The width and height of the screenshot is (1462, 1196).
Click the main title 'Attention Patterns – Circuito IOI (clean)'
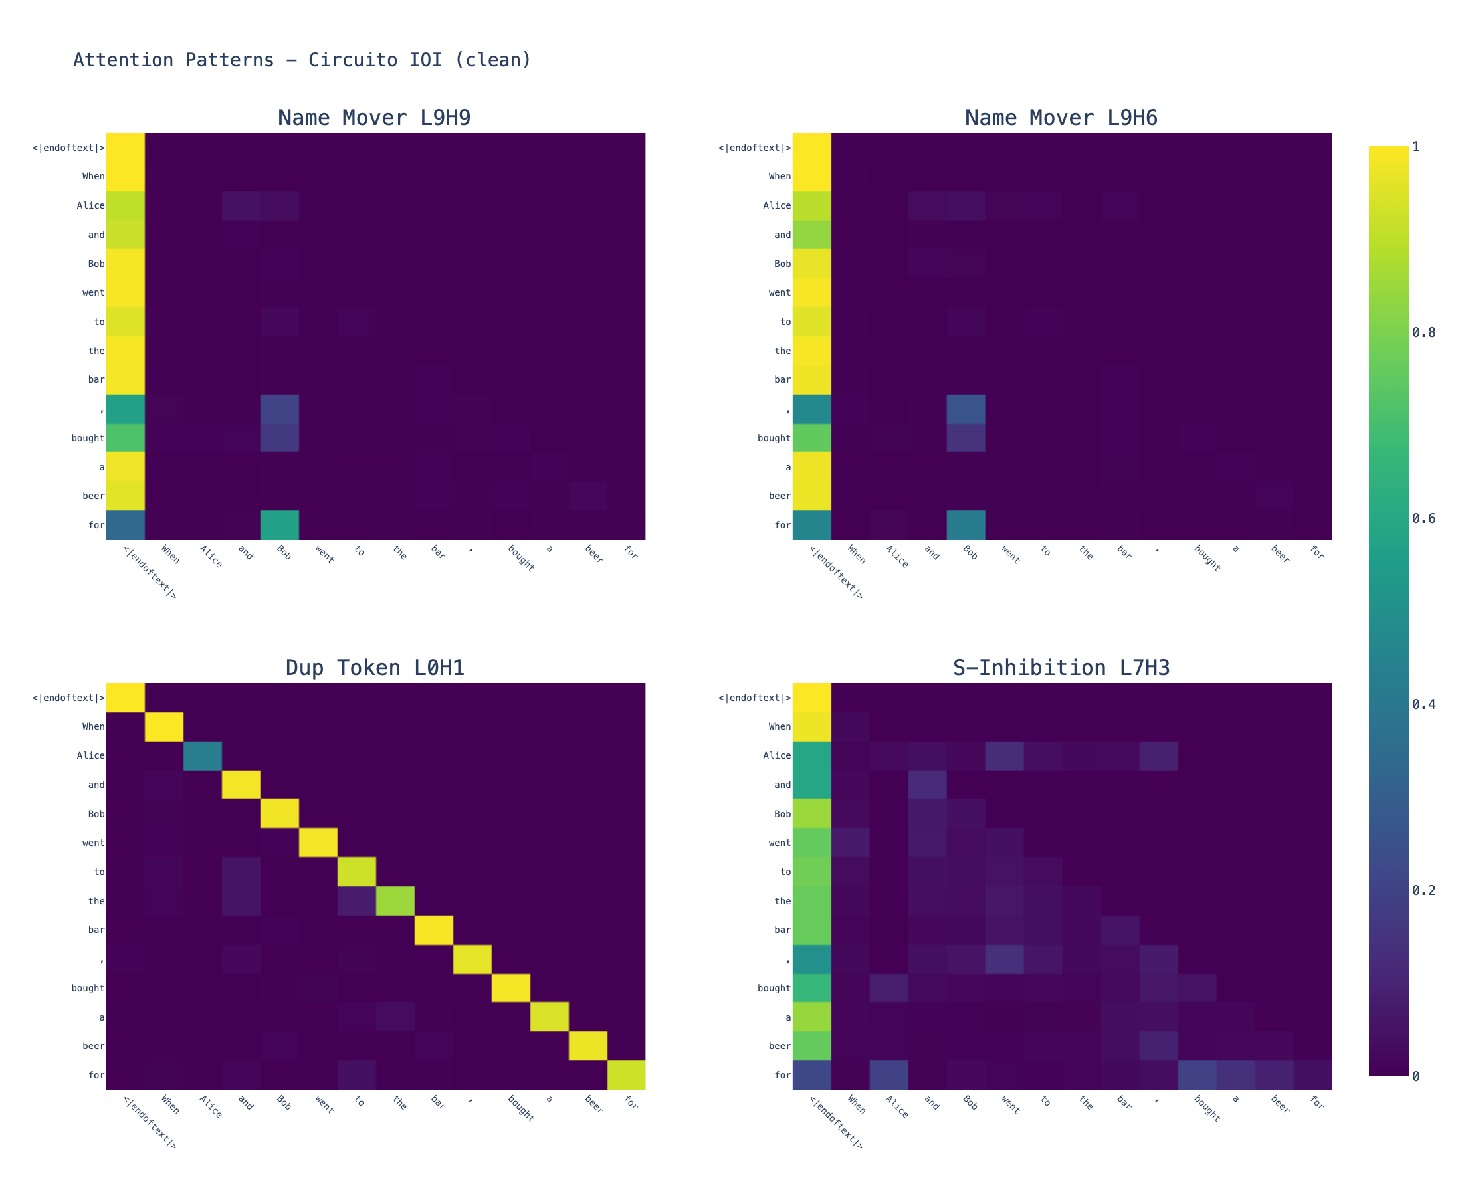click(302, 60)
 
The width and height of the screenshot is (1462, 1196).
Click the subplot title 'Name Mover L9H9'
click(374, 118)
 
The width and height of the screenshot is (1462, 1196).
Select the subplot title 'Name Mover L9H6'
click(1061, 118)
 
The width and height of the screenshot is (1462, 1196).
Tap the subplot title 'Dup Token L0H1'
click(375, 668)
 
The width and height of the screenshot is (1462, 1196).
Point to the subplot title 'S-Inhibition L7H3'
click(1061, 668)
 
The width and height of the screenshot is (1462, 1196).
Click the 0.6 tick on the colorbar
click(1423, 518)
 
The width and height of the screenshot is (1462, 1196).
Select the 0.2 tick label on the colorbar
click(1423, 890)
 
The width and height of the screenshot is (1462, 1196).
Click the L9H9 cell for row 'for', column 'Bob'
click(280, 525)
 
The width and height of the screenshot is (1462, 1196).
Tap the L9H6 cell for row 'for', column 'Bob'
click(966, 525)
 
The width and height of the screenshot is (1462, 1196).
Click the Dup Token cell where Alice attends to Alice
click(203, 755)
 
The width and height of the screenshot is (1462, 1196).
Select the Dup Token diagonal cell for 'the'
click(395, 901)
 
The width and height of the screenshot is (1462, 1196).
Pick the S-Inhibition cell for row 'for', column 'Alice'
click(888, 1076)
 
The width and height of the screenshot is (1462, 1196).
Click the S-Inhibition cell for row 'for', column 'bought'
click(1197, 1076)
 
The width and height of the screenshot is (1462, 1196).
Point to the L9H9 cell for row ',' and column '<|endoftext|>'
click(126, 409)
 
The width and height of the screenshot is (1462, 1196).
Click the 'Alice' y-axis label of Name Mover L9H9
click(91, 205)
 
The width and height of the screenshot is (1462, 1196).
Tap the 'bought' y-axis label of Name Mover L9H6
click(774, 438)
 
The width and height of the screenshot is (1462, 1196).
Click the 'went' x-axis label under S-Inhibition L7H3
click(1009, 1106)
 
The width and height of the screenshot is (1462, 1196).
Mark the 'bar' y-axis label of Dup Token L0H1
click(96, 930)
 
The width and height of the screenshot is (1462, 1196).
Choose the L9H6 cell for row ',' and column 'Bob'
click(966, 409)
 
